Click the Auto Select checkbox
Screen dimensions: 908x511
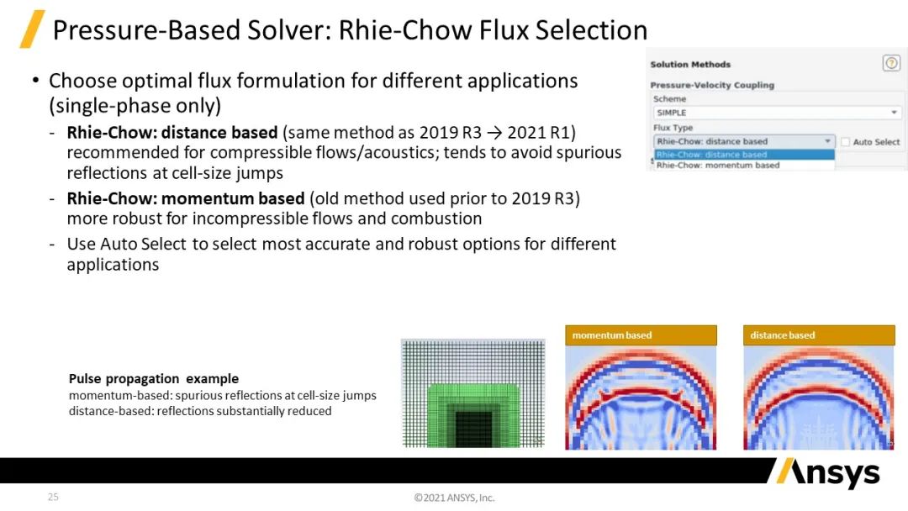pyautogui.click(x=845, y=142)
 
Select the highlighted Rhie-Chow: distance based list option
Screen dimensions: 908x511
pyautogui.click(x=744, y=155)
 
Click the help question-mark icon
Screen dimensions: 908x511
pyautogui.click(x=891, y=63)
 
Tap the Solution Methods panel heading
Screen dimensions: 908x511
pyautogui.click(x=690, y=64)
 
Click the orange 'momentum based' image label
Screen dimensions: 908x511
pyautogui.click(x=641, y=335)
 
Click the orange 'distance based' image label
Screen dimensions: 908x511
pyautogui.click(x=819, y=335)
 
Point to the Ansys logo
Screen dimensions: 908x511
pyautogui.click(x=827, y=472)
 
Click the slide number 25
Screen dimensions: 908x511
pyautogui.click(x=53, y=497)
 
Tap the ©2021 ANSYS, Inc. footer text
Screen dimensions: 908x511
pyautogui.click(x=454, y=497)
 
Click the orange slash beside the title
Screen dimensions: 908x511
pyautogui.click(x=33, y=29)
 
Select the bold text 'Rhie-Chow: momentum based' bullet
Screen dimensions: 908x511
pyautogui.click(x=185, y=198)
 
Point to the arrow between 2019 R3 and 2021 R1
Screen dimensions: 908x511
pyautogui.click(x=494, y=133)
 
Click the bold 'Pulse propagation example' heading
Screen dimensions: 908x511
pyautogui.click(x=154, y=378)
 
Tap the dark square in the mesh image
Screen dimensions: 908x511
pyautogui.click(x=473, y=429)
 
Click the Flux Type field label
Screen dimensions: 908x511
pyautogui.click(x=673, y=127)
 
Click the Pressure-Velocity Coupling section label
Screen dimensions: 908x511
pyautogui.click(x=712, y=85)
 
